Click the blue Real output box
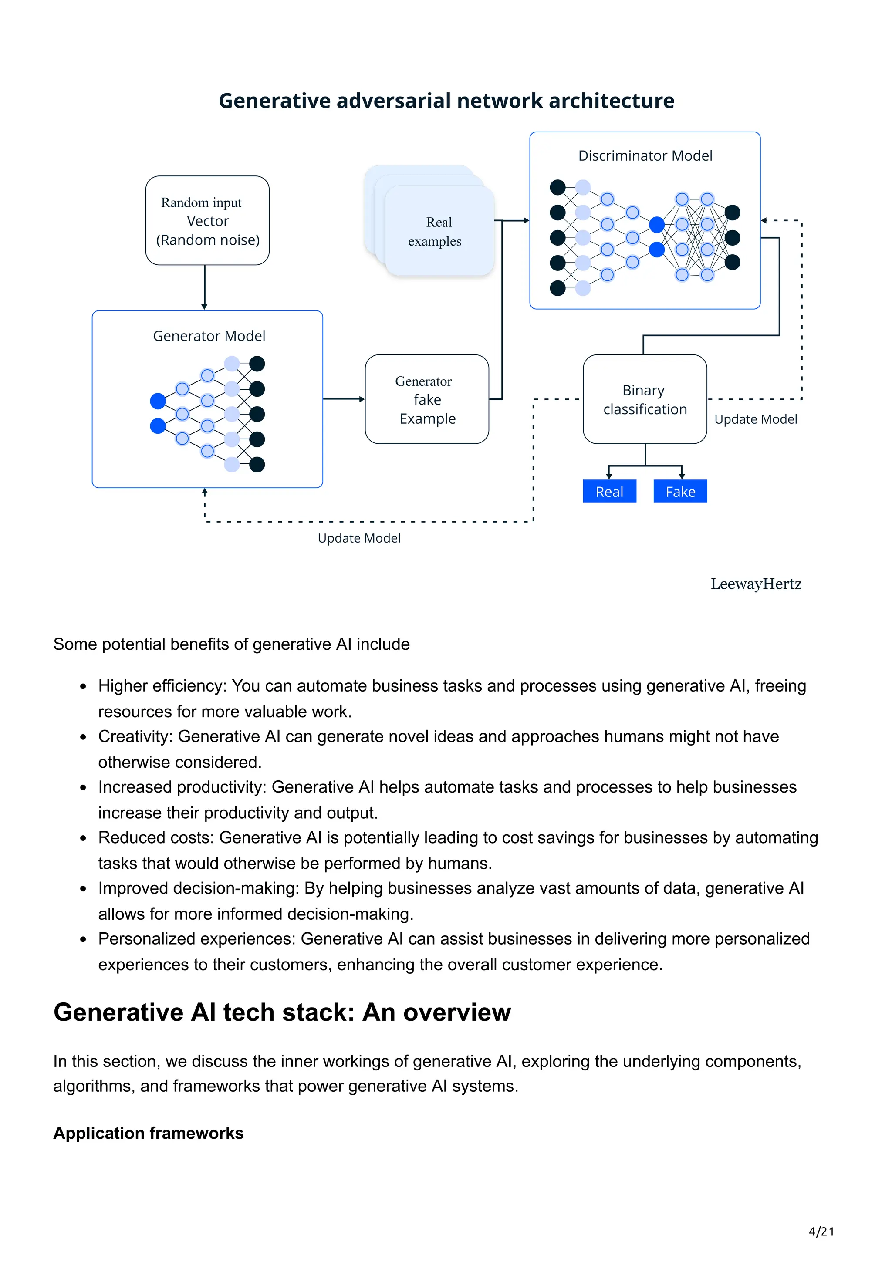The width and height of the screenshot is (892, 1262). [609, 491]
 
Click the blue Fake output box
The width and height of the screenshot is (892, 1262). [680, 491]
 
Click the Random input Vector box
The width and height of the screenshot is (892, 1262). [207, 220]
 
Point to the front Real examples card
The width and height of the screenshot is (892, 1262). [439, 231]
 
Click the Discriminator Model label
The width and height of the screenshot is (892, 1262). [645, 155]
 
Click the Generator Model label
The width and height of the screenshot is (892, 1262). [209, 336]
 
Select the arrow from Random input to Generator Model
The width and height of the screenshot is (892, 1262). [204, 287]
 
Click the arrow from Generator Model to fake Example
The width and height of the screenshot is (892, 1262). [344, 398]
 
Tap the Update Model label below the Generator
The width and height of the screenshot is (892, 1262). [359, 538]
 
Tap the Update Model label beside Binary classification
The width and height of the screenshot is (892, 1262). [755, 419]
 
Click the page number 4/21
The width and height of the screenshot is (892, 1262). [821, 1231]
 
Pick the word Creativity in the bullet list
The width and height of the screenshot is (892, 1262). [135, 736]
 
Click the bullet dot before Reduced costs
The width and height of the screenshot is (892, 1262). [83, 838]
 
